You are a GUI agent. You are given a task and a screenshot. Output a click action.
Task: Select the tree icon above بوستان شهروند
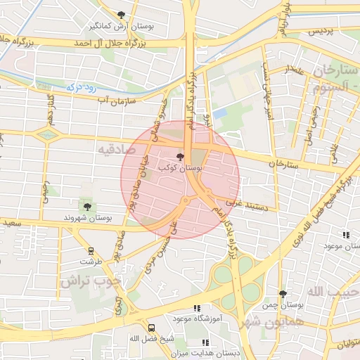(x=87, y=206)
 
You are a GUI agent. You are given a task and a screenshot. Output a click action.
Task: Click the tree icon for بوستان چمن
(x=283, y=293)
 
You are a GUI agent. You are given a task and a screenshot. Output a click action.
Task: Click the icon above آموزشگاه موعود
(x=197, y=307)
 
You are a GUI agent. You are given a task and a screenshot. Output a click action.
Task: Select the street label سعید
(x=11, y=224)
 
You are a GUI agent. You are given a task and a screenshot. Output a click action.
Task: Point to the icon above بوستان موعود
(x=345, y=236)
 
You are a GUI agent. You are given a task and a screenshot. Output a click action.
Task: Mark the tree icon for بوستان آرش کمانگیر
(x=122, y=14)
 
